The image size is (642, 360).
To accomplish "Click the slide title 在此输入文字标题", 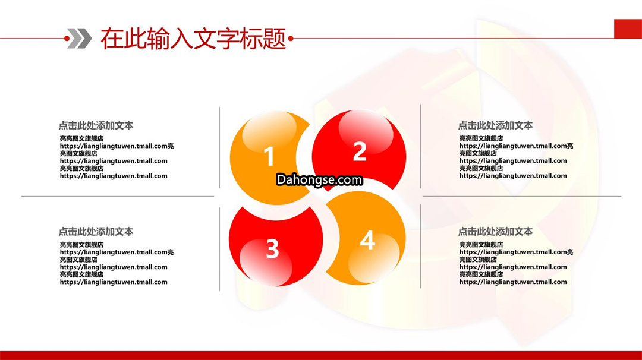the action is [x=193, y=39].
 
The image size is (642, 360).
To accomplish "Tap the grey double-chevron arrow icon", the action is [x=80, y=39].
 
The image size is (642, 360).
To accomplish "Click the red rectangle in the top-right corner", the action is [x=628, y=29].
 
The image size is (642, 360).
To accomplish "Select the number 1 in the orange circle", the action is [x=269, y=156].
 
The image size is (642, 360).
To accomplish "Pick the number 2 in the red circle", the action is [x=360, y=151].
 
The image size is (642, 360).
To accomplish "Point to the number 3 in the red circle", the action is [x=272, y=248].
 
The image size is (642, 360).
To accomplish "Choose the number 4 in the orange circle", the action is [x=367, y=240].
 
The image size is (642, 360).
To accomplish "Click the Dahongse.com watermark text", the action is [x=319, y=179].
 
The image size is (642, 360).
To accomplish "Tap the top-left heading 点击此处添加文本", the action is [x=96, y=125].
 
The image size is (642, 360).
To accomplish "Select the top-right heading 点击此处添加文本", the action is [x=495, y=125].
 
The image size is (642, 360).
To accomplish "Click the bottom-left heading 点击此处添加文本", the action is [x=96, y=232].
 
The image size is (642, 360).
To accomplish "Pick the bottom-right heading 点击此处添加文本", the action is [x=495, y=232].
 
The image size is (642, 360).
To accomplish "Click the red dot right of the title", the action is [x=291, y=39].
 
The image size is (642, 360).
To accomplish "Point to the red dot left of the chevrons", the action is [x=67, y=39].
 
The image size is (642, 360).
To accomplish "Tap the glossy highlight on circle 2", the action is [x=366, y=131].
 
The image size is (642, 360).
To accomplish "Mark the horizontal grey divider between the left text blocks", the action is [x=118, y=196].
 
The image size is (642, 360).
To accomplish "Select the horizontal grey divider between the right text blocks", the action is [x=522, y=196].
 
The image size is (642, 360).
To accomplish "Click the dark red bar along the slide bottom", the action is [x=321, y=355].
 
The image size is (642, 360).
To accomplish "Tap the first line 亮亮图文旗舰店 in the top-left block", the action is [x=81, y=138].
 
